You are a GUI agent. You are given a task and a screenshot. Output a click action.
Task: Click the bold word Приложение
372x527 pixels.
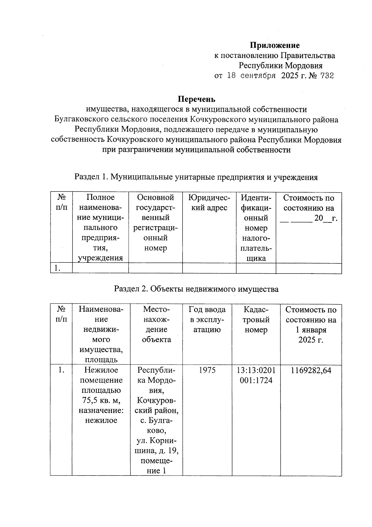(x=275, y=45)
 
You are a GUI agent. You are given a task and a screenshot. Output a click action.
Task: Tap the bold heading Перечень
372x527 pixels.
(x=196, y=99)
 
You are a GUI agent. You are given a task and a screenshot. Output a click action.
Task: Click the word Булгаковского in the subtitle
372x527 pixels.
(x=80, y=119)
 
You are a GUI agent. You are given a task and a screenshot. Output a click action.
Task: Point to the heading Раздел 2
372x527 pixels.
(x=130, y=289)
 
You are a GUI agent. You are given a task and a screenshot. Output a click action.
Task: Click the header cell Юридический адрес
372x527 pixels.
(x=209, y=203)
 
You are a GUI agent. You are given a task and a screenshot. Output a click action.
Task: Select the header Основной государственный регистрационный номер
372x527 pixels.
(x=155, y=222)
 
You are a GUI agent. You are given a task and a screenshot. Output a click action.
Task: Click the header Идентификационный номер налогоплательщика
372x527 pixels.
(x=256, y=228)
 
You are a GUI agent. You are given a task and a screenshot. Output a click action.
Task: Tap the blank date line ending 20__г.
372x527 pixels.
(x=308, y=218)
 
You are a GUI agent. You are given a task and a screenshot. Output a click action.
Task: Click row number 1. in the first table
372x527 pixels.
(x=57, y=268)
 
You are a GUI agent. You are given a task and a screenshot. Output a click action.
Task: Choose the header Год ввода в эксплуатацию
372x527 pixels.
(x=207, y=319)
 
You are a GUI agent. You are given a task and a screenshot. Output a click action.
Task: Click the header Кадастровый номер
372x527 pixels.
(x=256, y=319)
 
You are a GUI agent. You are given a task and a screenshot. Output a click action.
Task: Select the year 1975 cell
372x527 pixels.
(x=207, y=370)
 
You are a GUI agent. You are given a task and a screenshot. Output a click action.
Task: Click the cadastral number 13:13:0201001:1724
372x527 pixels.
(x=256, y=375)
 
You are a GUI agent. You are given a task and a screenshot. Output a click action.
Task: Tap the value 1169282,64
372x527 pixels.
(x=311, y=370)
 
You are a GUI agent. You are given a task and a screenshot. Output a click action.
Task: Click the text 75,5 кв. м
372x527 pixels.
(x=101, y=400)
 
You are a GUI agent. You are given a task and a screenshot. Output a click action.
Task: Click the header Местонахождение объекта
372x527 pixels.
(x=156, y=324)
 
